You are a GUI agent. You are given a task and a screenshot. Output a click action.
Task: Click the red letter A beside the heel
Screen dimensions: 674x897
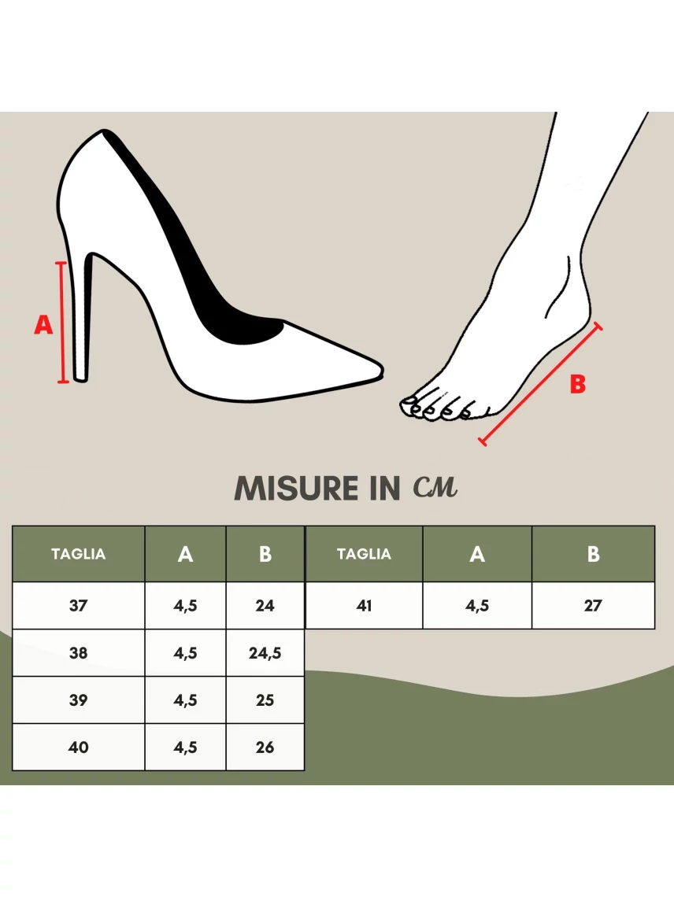[43, 324]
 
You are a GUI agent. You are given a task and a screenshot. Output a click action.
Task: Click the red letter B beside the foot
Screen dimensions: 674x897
[578, 384]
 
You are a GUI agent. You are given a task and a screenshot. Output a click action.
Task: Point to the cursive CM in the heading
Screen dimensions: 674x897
[435, 487]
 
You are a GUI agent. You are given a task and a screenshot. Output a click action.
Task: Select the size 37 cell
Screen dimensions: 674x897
[79, 605]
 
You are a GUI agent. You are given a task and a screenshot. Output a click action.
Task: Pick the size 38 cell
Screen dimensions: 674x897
[79, 653]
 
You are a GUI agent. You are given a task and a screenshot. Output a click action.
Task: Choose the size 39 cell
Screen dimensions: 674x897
[79, 700]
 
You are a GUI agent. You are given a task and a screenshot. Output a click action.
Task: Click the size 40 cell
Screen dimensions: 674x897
[79, 747]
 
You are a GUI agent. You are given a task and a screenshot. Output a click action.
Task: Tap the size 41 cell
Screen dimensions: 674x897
[365, 605]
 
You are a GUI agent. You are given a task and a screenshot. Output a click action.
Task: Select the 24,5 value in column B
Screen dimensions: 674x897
[265, 653]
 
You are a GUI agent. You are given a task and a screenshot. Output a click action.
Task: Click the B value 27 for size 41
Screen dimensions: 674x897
[593, 605]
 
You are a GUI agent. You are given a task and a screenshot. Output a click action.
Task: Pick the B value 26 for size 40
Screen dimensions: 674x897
[265, 747]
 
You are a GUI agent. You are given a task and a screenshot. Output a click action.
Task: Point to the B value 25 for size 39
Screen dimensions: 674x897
[265, 700]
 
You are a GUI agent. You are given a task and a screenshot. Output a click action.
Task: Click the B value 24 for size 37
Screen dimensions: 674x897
[265, 605]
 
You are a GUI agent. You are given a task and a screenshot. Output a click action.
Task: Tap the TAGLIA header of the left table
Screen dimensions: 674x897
[79, 554]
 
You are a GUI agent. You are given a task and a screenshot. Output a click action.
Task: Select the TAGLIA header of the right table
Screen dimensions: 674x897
[365, 554]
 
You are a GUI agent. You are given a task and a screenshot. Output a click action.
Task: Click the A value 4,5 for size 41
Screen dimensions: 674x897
[477, 605]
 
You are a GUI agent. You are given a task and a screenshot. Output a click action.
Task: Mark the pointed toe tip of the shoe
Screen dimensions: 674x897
[383, 370]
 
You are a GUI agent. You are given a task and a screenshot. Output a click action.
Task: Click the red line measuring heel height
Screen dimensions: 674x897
[62, 322]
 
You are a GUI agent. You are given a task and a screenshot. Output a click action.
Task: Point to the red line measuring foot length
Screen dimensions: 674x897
[540, 383]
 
